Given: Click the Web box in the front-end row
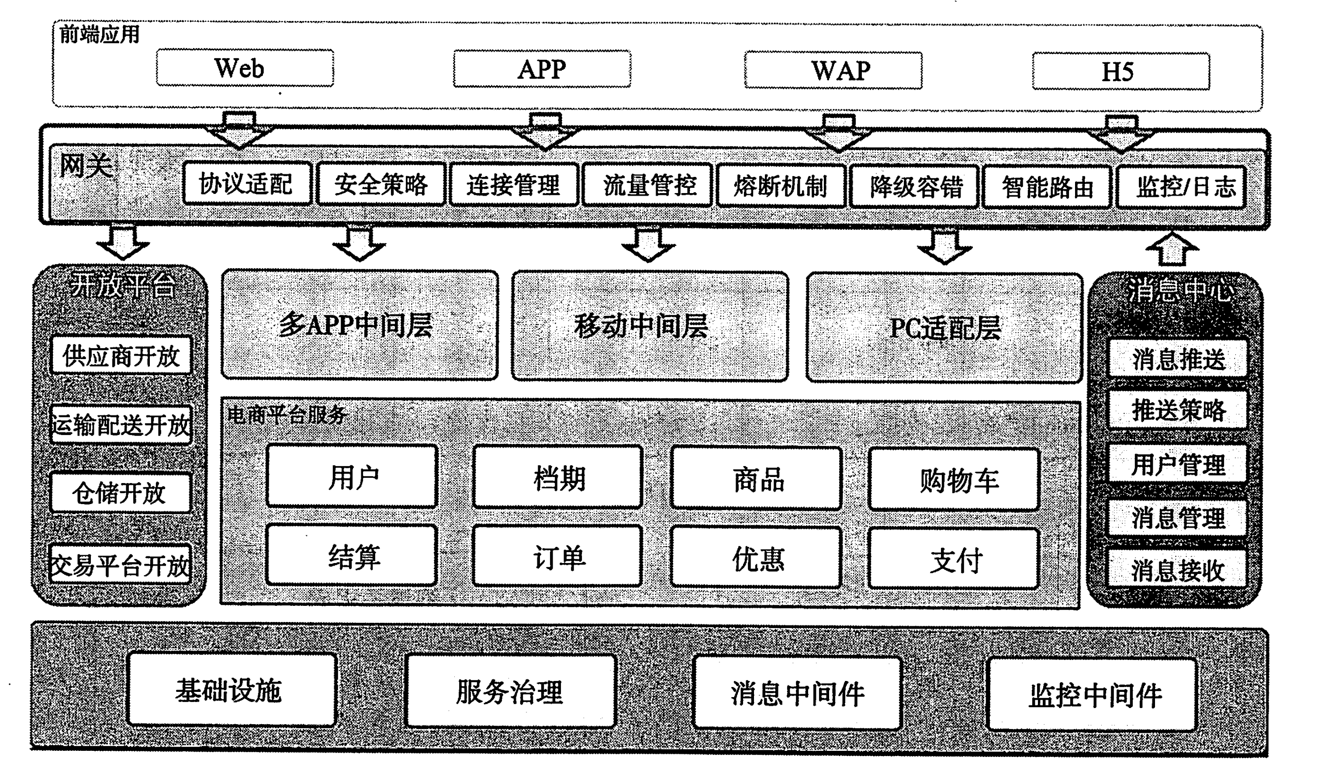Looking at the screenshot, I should pos(245,68).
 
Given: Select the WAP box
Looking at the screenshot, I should pos(833,70).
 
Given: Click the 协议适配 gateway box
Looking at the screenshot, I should pos(247,184).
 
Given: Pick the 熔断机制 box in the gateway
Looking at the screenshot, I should pos(781,186).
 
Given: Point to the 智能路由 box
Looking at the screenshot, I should pos(1047,187).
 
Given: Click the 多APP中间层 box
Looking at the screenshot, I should pos(359,325).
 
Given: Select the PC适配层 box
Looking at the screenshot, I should pos(944,328).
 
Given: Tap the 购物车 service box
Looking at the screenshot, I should pos(954,480).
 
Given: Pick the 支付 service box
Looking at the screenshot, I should pos(954,560).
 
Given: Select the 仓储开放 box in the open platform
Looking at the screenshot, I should pos(120,493).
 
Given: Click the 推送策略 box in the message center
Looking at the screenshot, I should pos(1177,410).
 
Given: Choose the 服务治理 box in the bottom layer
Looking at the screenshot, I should pos(510,691).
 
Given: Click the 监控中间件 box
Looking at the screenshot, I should pos(1093,694).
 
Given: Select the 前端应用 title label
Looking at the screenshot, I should pos(100,35).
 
